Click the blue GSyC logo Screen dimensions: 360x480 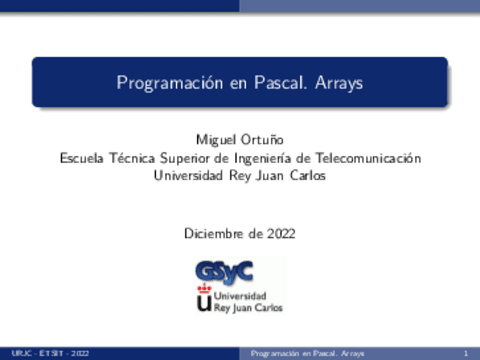(225, 270)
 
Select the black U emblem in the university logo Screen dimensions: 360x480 (205, 304)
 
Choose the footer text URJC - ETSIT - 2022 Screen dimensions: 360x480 (50, 353)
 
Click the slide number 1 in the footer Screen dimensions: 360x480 (466, 353)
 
